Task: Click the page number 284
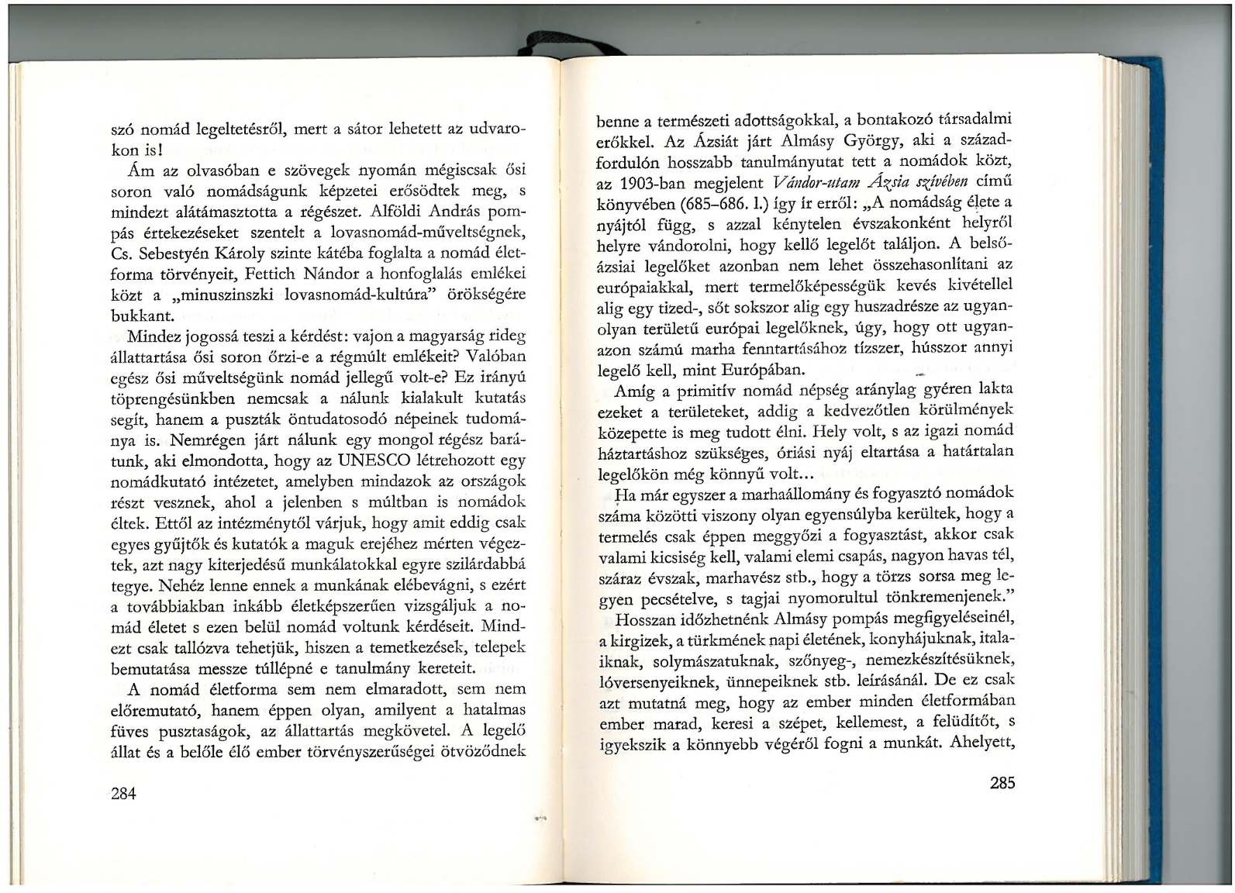[x=124, y=793]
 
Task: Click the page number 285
[x=1002, y=783]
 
